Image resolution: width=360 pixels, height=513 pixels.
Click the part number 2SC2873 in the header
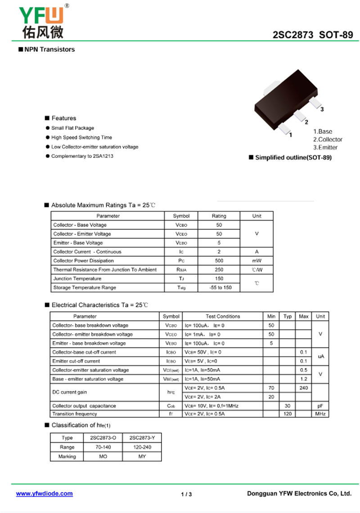point(292,35)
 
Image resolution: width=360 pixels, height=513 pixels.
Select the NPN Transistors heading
point(49,49)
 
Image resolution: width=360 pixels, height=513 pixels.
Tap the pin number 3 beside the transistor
point(322,109)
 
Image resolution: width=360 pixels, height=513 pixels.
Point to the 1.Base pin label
point(323,131)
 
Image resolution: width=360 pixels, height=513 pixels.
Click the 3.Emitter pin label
point(325,148)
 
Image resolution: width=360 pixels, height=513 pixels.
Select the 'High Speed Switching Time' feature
point(81,138)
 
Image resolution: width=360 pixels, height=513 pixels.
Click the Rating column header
point(219,216)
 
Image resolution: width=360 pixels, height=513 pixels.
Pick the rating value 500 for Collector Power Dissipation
point(219,261)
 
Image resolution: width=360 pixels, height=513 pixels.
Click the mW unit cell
point(256,261)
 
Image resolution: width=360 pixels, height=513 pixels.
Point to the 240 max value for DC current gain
point(304,388)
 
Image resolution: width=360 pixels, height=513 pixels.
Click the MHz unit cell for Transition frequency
point(320,414)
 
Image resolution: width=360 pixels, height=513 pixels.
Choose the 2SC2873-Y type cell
point(142,438)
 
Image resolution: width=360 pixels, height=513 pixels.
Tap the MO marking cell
point(103,457)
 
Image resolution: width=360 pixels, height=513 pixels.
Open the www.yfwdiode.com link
point(45,494)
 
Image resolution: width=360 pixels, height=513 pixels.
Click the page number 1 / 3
point(186,495)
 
